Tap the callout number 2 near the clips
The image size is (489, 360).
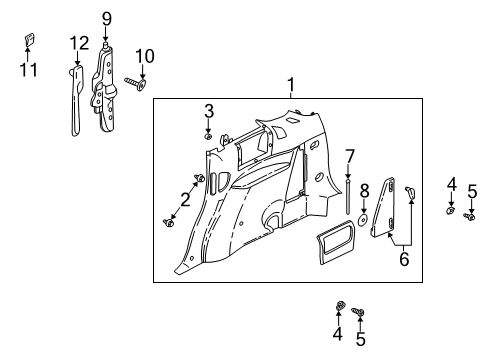pos(185,198)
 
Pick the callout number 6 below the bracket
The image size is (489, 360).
pos(403,258)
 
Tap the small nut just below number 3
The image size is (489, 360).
pos(208,133)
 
